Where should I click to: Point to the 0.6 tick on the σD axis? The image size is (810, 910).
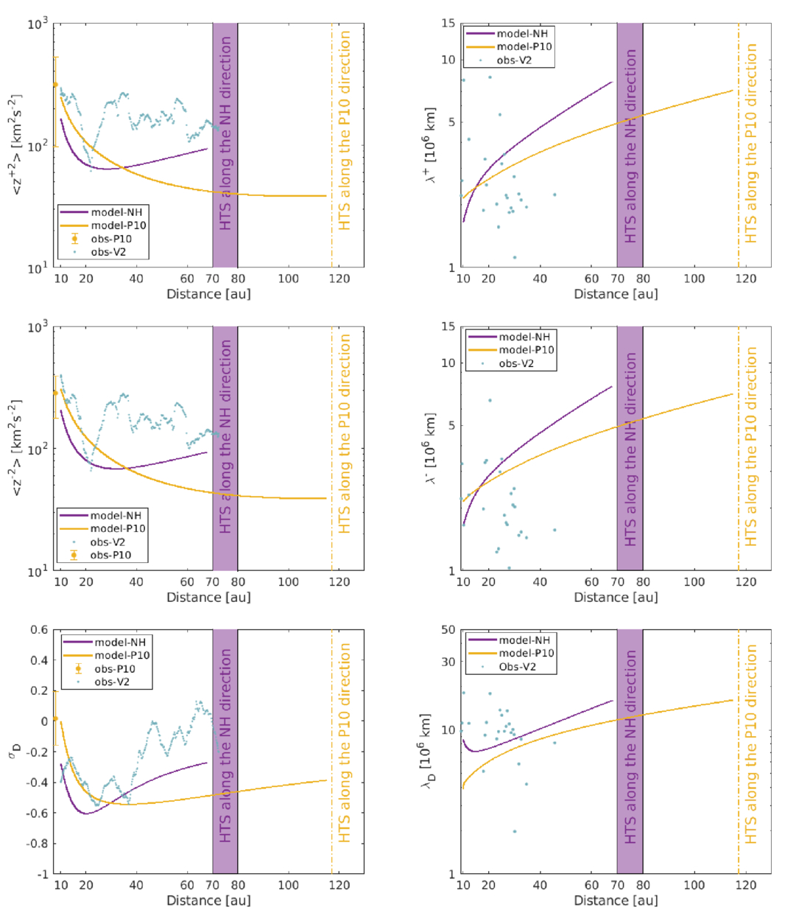click(40, 630)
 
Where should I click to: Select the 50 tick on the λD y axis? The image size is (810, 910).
click(448, 630)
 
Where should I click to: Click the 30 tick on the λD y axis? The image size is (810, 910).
click(448, 662)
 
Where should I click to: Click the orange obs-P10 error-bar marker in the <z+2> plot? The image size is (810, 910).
click(55, 85)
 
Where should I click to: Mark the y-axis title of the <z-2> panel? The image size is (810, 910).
click(16, 447)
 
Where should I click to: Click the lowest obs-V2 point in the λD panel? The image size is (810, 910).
click(515, 831)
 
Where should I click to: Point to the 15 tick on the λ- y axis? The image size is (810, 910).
click(448, 326)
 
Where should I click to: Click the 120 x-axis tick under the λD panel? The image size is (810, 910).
click(746, 885)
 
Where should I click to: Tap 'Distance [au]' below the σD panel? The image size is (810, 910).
click(208, 900)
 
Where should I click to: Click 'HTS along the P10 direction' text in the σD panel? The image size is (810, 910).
click(344, 743)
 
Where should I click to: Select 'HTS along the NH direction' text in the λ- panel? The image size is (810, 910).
click(630, 449)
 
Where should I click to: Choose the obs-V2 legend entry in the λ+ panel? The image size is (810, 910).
click(514, 60)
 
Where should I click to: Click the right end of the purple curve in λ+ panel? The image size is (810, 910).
click(612, 82)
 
